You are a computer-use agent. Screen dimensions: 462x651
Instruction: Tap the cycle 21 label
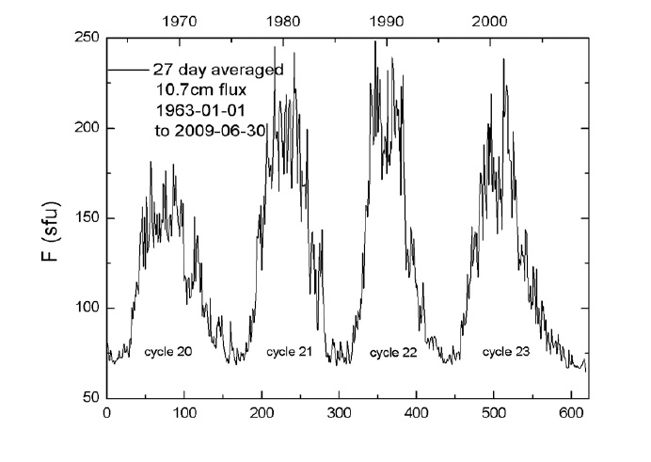(x=288, y=353)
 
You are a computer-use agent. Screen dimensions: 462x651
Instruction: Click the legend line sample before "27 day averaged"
(x=125, y=69)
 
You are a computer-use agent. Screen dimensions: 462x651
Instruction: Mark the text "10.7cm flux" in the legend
(x=195, y=91)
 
